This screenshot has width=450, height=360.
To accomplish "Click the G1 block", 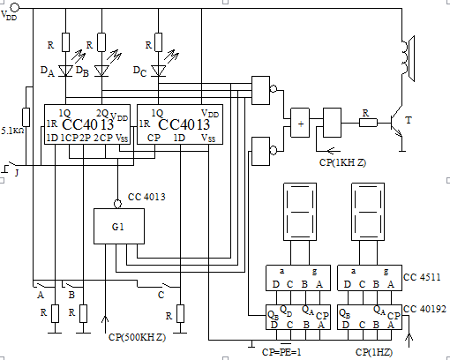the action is pos(119,226).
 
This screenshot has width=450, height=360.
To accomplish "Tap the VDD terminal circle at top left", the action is pos(15,7).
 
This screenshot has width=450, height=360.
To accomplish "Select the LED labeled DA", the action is pos(65,71).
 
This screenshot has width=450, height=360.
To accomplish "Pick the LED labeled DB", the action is pos(101,71).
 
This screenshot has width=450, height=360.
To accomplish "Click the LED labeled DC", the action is pos(158,71).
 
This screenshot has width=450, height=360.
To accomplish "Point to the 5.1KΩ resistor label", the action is pos(12,131).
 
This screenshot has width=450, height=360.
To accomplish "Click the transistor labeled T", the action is pos(397,123).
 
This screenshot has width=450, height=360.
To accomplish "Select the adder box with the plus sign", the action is pos(300,123).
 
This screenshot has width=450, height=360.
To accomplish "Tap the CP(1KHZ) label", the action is pos(342,162).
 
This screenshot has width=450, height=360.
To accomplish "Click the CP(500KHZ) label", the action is pos(137,337).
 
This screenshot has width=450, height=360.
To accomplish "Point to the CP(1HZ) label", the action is pos(374,352).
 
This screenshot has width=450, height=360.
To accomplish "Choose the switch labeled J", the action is pos(11,165).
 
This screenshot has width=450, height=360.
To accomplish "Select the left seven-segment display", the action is pos(300,212).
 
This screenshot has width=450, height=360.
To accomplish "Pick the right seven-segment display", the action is pos(368,212).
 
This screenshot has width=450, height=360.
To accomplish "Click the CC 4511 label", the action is pos(422,277).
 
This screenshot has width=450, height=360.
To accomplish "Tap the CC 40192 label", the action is pos(424,309).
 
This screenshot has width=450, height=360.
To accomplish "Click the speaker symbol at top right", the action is pos(409,58).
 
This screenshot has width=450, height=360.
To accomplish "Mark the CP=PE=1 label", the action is pos(281,352).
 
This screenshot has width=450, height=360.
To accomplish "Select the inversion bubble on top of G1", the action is pos(117,204).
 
